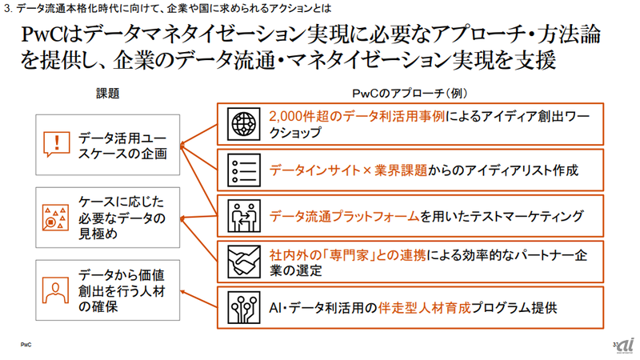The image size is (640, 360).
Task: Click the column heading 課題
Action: tap(107, 93)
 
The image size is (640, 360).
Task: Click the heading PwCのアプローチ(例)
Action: tap(409, 93)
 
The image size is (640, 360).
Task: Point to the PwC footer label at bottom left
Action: tap(26, 345)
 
